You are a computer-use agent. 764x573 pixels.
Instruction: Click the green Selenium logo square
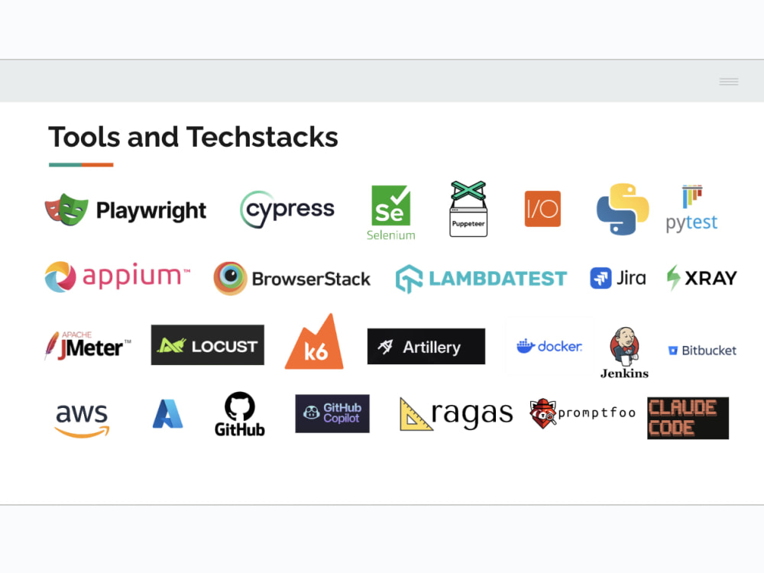(390, 206)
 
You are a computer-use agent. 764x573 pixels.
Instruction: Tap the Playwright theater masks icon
(66, 209)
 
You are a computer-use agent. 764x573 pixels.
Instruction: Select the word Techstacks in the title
(262, 137)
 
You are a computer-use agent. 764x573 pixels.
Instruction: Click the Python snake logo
(623, 209)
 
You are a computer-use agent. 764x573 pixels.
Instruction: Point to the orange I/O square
(542, 209)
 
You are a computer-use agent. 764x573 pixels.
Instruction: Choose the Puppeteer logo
(468, 209)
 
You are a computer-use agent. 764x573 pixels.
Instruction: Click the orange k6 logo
(314, 342)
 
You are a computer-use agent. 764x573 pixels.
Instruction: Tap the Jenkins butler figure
(624, 346)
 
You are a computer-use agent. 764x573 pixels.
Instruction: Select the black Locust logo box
(208, 345)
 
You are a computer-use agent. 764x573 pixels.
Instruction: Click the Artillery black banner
(426, 346)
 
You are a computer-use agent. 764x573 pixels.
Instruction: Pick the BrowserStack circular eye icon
(230, 278)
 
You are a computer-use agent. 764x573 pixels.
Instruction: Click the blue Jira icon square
(601, 278)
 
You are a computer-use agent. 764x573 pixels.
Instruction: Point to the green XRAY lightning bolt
(673, 277)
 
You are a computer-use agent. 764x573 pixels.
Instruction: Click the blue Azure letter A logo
(167, 413)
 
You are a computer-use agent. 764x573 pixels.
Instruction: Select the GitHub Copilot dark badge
(332, 413)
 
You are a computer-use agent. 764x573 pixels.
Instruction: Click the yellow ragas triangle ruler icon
(415, 415)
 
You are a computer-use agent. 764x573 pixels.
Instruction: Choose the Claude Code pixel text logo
(688, 418)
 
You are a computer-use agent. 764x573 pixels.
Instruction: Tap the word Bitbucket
(709, 351)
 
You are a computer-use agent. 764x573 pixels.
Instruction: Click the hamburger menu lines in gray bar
(729, 82)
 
